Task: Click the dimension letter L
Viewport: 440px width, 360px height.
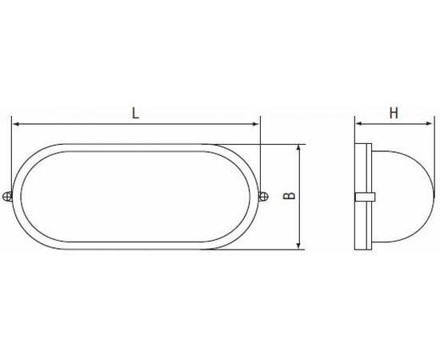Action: pos(135,114)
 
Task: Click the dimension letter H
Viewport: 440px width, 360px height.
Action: pos(394,114)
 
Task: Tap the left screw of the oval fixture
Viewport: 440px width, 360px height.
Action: pos(7,197)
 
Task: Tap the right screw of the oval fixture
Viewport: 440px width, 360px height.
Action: pos(263,197)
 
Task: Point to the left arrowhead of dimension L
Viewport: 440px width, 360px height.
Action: pos(16,124)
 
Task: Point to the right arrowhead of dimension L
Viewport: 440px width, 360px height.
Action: pos(255,124)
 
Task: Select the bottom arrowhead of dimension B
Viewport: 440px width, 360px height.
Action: pos(300,246)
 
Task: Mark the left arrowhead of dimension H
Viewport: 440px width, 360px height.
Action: pos(359,123)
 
